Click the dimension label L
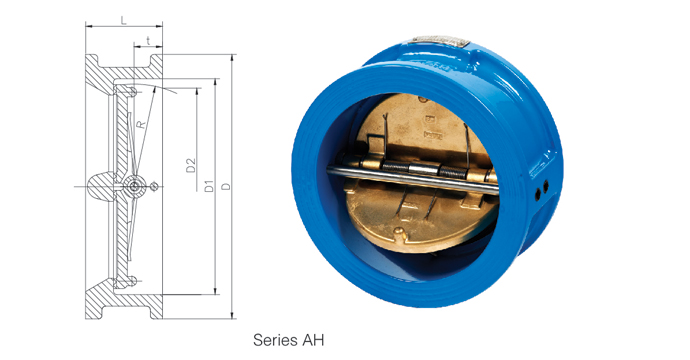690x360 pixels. coord(124,21)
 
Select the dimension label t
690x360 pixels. coord(149,41)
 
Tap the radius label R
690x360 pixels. coord(140,125)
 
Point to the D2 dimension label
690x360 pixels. coord(191,165)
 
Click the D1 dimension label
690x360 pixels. coord(209,186)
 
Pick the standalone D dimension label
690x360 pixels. coord(226,187)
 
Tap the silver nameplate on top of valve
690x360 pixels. coord(441,41)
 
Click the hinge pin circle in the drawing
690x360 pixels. coord(134,187)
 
